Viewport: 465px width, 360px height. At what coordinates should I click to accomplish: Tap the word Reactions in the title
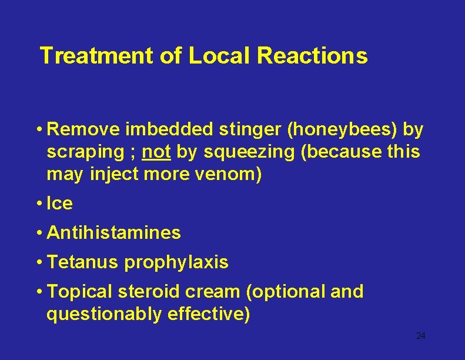(x=312, y=56)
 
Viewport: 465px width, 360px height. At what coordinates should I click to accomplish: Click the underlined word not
(x=157, y=152)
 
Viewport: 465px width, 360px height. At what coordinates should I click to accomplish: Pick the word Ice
(x=59, y=204)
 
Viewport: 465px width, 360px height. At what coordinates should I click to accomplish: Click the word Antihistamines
(x=113, y=233)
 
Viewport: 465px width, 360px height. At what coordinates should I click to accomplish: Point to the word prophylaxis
(x=176, y=262)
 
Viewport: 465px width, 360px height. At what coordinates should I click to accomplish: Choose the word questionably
(x=105, y=315)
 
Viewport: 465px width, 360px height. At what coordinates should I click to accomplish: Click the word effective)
(x=209, y=315)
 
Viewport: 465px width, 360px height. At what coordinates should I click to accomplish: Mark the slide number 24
(x=420, y=336)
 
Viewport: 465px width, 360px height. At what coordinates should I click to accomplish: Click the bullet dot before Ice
(x=38, y=204)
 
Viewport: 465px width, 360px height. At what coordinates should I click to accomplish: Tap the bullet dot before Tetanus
(x=38, y=262)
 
